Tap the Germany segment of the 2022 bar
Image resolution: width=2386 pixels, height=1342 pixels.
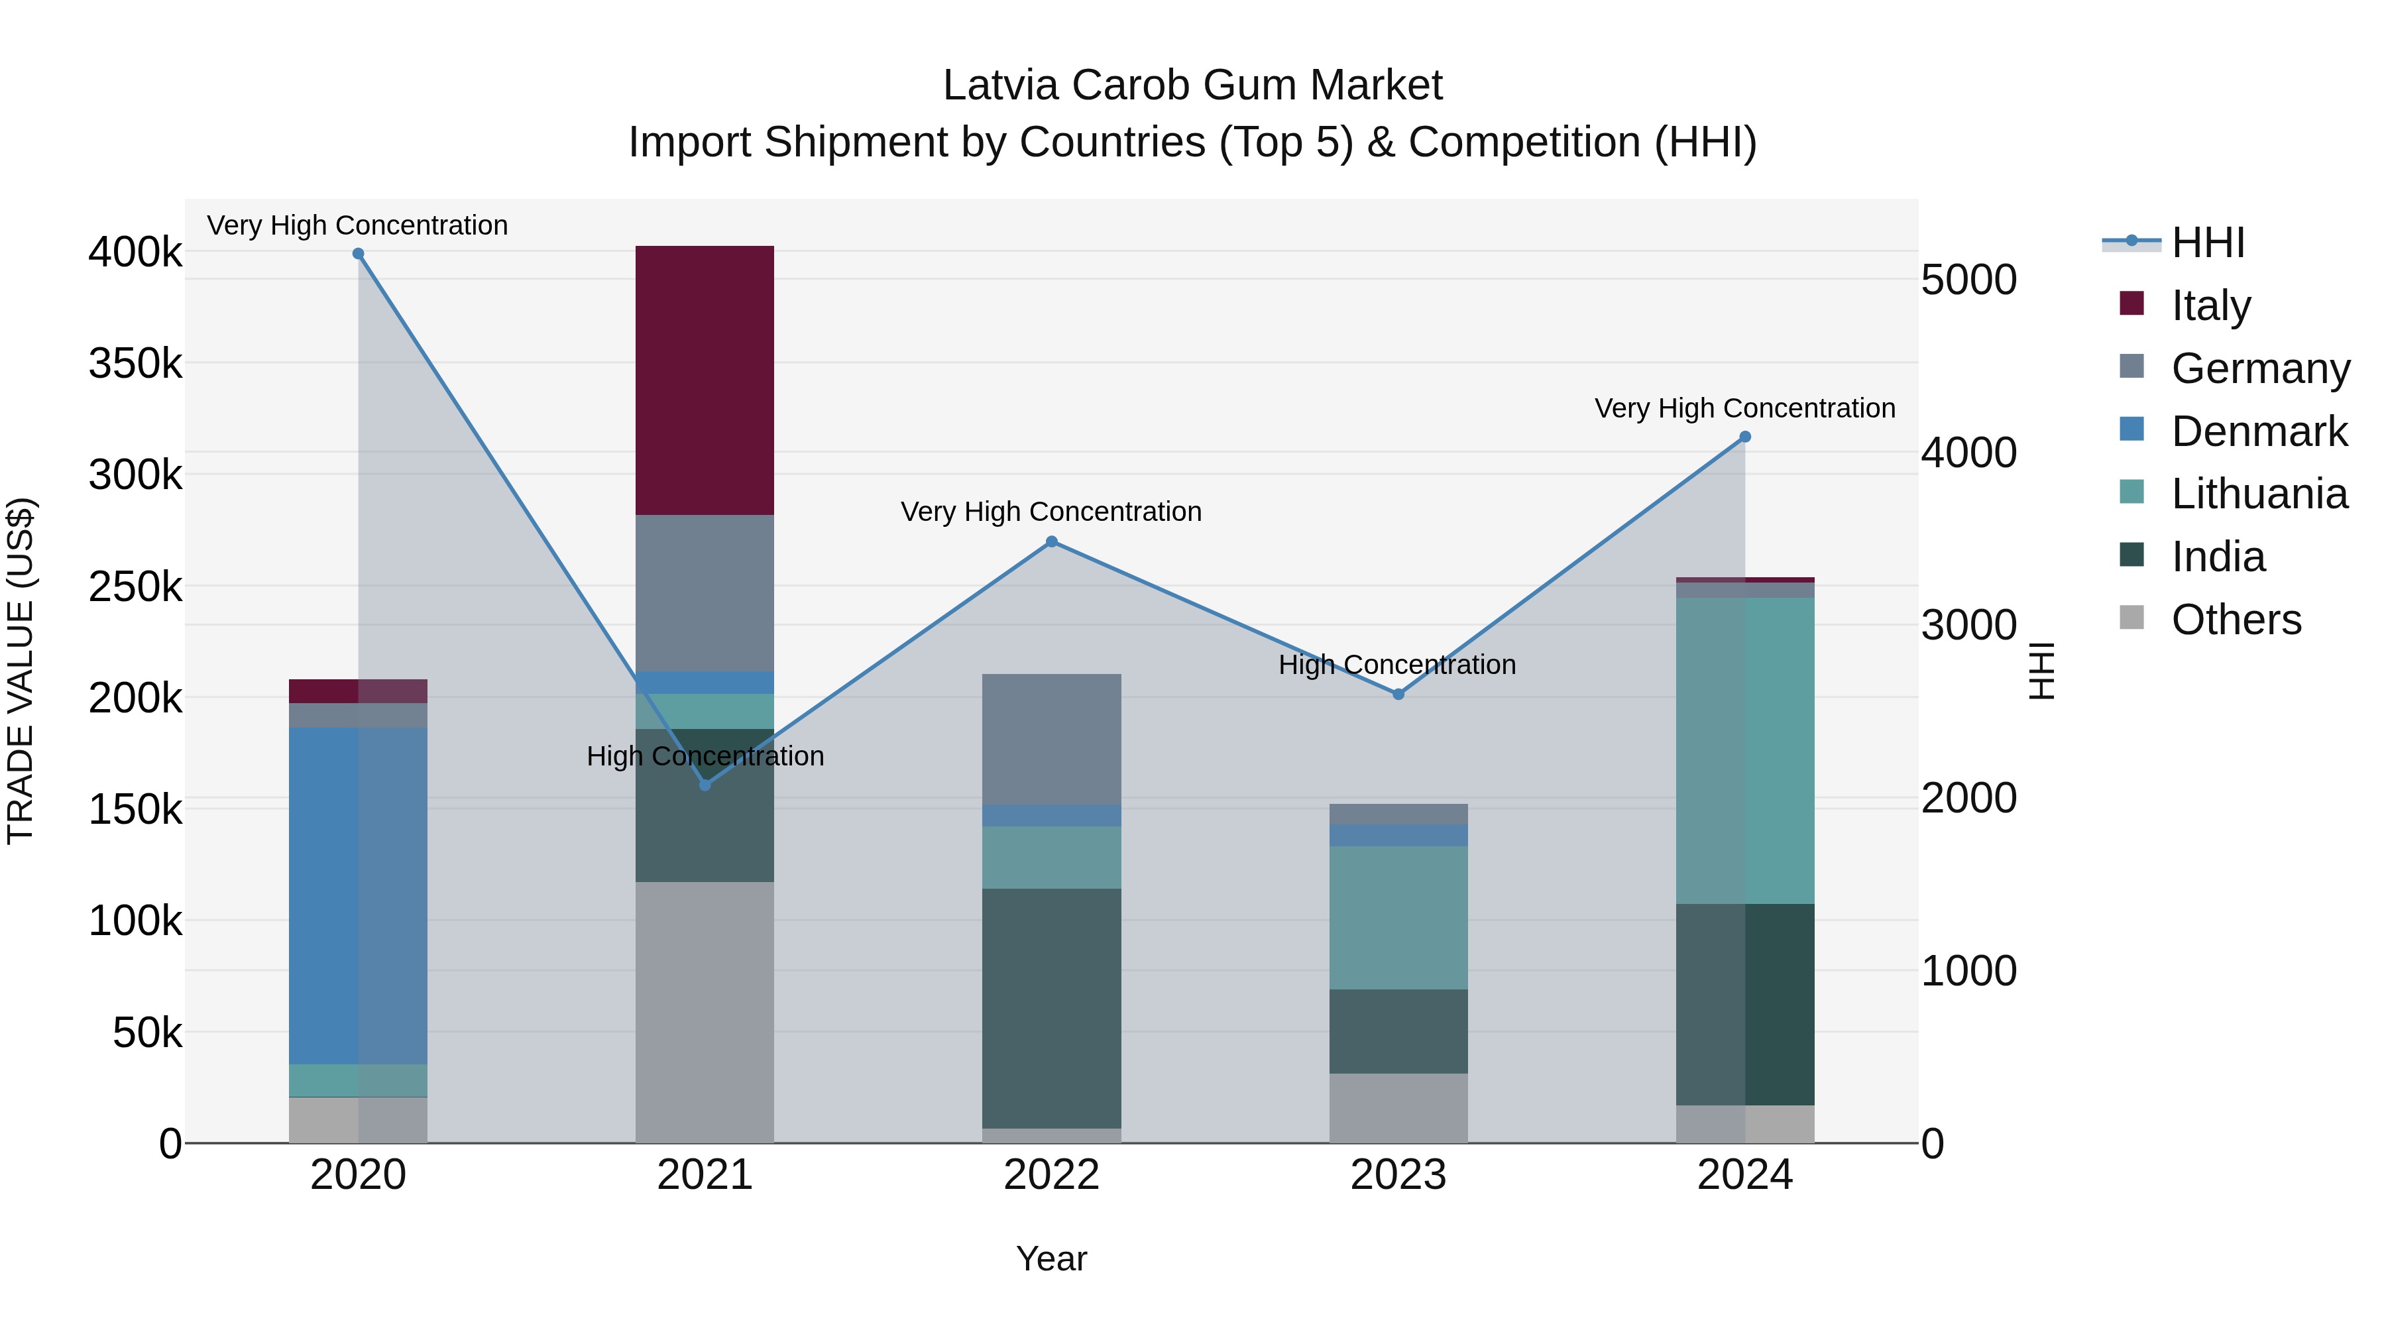[x=1051, y=738]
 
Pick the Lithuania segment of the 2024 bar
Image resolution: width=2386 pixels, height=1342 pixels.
[x=1745, y=750]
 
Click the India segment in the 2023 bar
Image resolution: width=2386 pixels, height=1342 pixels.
[x=1398, y=1031]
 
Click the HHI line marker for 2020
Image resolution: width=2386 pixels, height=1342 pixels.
[x=359, y=254]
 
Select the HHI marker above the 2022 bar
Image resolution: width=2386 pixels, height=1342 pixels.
[x=1051, y=542]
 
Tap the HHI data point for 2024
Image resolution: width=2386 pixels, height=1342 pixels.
[x=1745, y=436]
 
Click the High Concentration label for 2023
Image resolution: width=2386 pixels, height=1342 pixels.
[x=1396, y=664]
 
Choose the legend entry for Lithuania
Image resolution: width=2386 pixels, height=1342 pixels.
[x=2258, y=494]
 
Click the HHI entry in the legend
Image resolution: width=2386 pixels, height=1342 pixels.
[x=2207, y=243]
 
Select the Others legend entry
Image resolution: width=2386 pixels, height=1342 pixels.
[x=2235, y=620]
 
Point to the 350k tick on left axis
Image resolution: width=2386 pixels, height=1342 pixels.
[x=135, y=363]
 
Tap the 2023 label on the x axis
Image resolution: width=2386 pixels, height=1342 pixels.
[x=1398, y=1175]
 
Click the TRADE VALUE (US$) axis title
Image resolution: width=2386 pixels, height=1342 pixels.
[x=21, y=671]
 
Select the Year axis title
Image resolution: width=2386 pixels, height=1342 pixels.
[x=1051, y=1258]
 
